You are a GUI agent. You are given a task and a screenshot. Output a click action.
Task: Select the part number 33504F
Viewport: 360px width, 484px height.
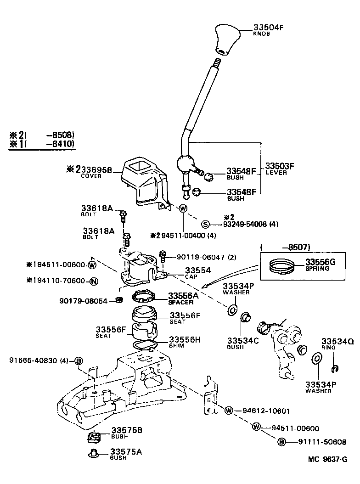(x=269, y=27)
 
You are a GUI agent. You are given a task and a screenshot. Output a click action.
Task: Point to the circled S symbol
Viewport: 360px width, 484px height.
(x=205, y=224)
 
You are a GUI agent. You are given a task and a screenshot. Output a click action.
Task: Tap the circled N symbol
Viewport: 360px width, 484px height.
(x=93, y=281)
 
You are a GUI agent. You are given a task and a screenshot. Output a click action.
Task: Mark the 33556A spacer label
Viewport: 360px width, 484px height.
(x=183, y=296)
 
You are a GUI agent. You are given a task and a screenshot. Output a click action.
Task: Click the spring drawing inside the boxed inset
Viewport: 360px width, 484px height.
(x=281, y=266)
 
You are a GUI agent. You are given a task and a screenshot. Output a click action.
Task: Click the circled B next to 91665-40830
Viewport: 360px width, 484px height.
(x=79, y=361)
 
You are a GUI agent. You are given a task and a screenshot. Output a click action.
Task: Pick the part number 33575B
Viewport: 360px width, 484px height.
(x=126, y=430)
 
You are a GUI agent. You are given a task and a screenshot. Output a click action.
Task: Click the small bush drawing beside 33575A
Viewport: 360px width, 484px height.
(x=94, y=454)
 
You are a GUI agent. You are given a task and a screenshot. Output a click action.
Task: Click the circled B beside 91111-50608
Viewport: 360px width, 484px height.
(x=282, y=442)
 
